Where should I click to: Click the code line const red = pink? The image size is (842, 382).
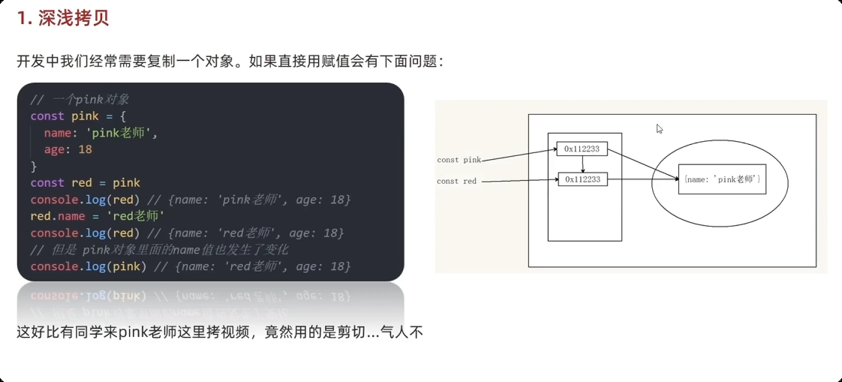(85, 183)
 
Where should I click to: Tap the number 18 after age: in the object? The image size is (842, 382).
(85, 149)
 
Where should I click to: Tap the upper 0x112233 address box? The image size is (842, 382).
(582, 149)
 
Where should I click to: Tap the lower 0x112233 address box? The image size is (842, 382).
(582, 179)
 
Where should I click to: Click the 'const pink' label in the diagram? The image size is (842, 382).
(459, 160)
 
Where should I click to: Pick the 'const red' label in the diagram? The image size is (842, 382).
(456, 181)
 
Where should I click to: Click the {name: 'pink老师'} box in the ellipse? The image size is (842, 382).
(722, 179)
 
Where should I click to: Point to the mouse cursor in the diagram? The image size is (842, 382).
(659, 128)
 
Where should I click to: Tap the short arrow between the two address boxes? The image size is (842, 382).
(582, 164)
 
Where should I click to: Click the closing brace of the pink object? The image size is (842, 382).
(33, 166)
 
